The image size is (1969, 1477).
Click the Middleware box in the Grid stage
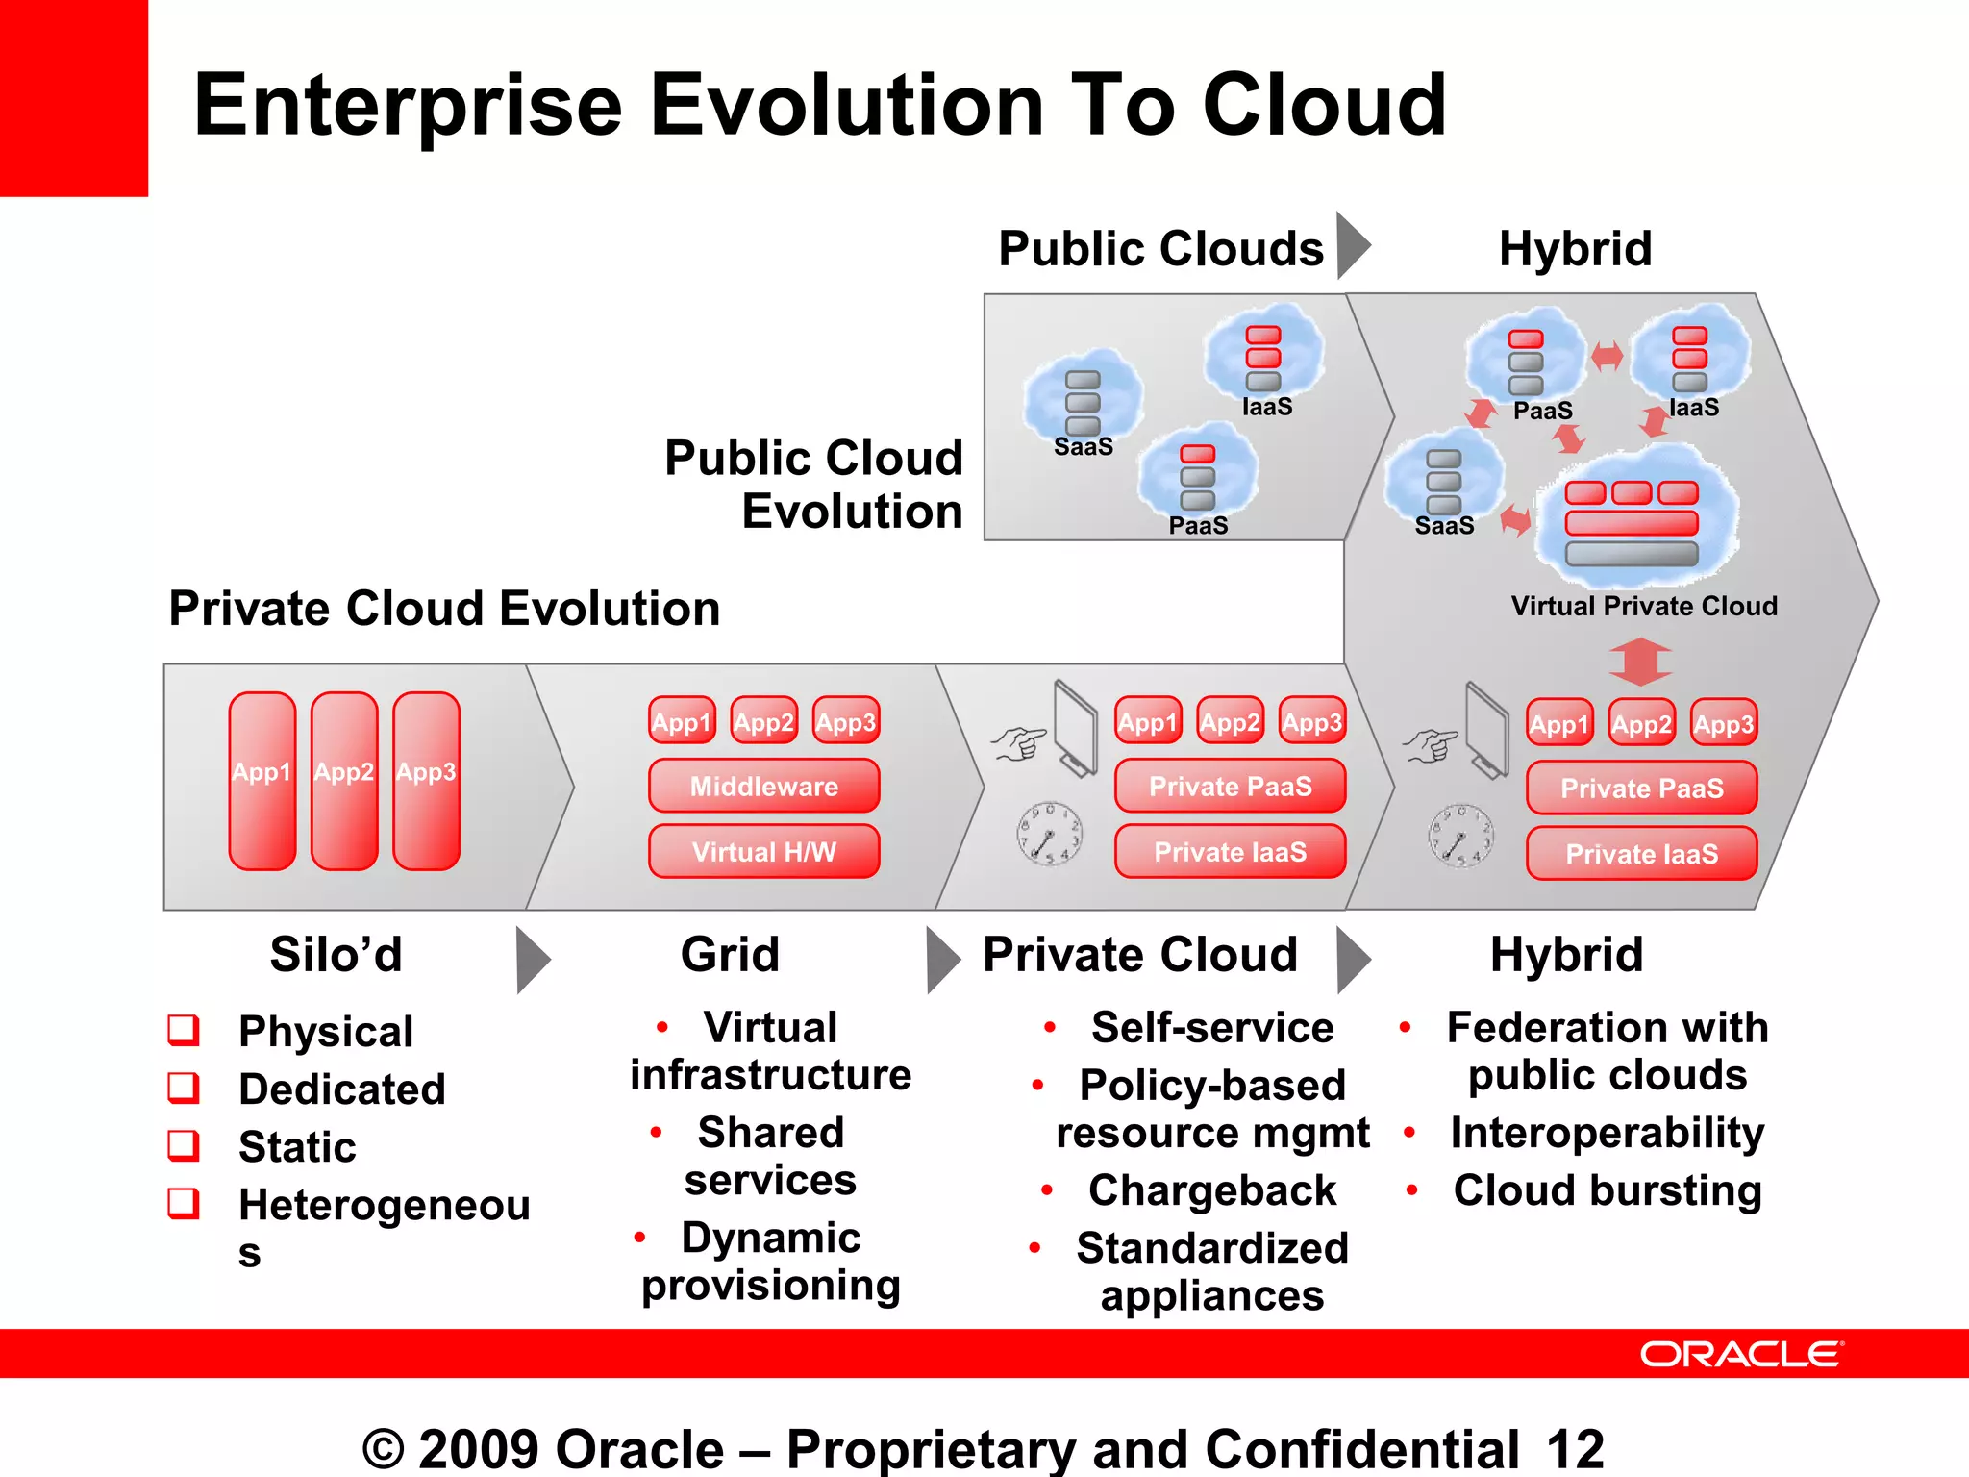(763, 787)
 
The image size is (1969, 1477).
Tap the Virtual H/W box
(763, 852)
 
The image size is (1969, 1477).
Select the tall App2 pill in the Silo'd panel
(344, 781)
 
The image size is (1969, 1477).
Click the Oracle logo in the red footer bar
(1741, 1354)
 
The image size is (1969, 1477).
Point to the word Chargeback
(1211, 1190)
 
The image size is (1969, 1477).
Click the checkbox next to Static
(184, 1145)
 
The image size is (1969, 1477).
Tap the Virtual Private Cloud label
(1643, 606)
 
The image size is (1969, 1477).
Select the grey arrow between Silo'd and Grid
(532, 960)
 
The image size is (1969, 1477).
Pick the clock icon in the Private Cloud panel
(1049, 833)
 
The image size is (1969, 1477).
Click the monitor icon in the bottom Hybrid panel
(1486, 731)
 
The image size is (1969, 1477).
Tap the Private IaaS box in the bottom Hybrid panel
(1641, 854)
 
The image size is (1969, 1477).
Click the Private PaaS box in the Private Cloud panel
(1230, 787)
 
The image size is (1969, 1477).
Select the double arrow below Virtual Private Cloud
(1640, 662)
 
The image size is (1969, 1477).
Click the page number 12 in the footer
(1575, 1448)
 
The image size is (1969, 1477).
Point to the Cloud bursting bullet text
(1607, 1190)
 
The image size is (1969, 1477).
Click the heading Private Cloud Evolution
(444, 609)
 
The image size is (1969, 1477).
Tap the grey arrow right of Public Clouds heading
(1352, 246)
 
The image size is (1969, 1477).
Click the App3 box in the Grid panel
(846, 721)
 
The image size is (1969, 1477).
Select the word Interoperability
(1607, 1133)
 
